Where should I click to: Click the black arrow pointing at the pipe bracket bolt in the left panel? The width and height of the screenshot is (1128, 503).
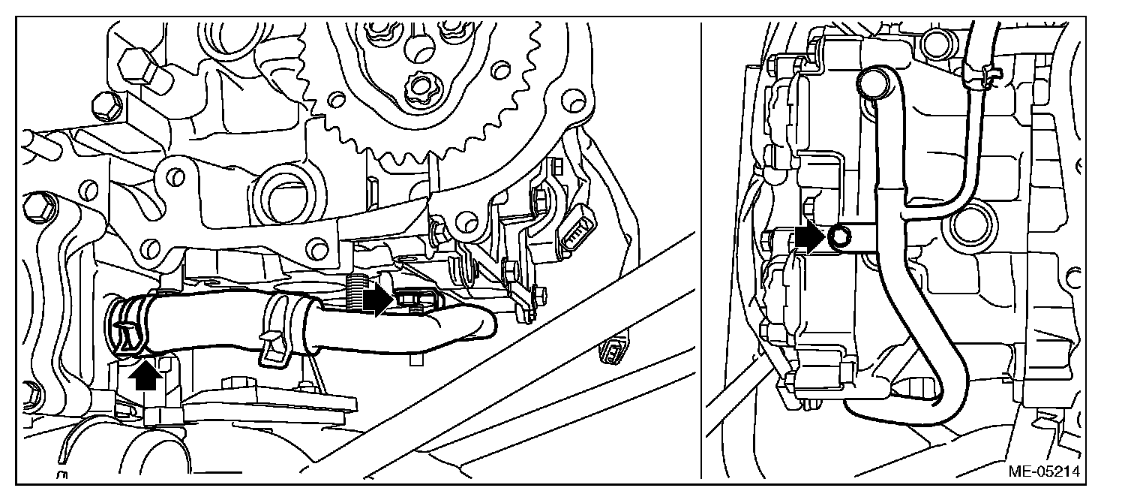point(377,300)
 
